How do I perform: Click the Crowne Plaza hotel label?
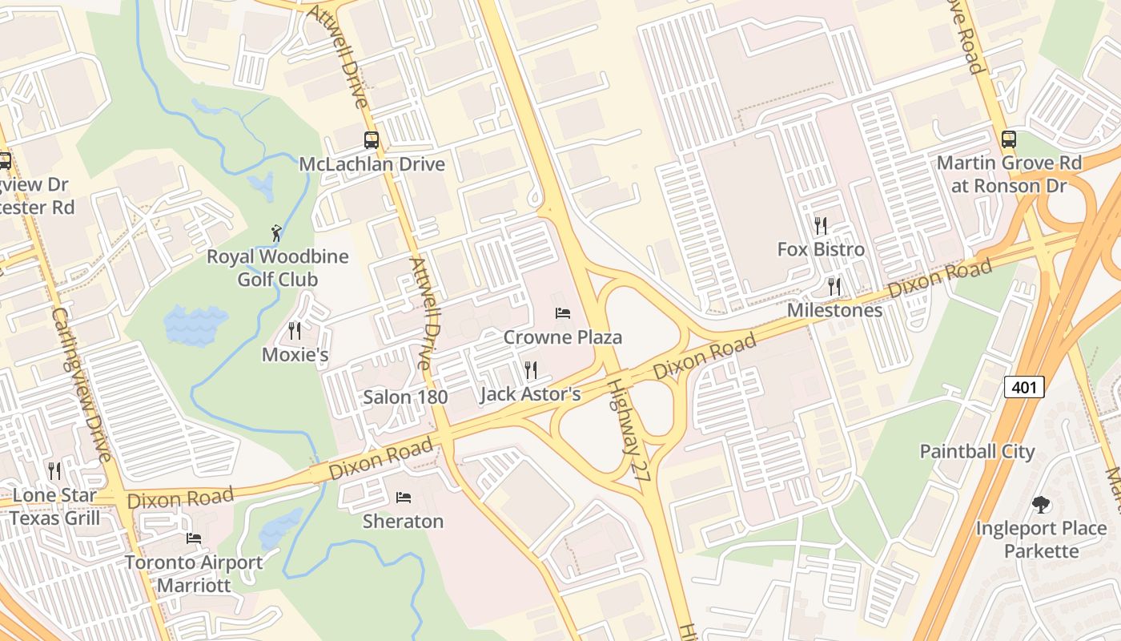[x=562, y=337]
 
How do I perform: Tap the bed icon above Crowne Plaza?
[x=563, y=313]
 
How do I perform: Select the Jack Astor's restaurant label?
[x=529, y=394]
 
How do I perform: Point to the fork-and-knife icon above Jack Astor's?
[x=530, y=369]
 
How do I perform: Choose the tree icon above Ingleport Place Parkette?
[x=1041, y=505]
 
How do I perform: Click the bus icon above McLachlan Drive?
[x=372, y=140]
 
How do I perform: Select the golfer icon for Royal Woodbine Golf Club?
[x=277, y=233]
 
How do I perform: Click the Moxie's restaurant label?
[x=295, y=354]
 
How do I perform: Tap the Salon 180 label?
[x=405, y=397]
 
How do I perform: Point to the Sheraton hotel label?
[x=403, y=521]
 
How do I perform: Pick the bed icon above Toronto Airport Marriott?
[x=193, y=538]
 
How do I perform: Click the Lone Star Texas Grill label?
[x=55, y=506]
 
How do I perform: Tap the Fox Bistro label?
[x=821, y=249]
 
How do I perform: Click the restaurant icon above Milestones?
[x=834, y=286]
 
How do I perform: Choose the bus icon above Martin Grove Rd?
[x=1008, y=139]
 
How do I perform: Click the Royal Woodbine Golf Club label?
[x=277, y=268]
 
